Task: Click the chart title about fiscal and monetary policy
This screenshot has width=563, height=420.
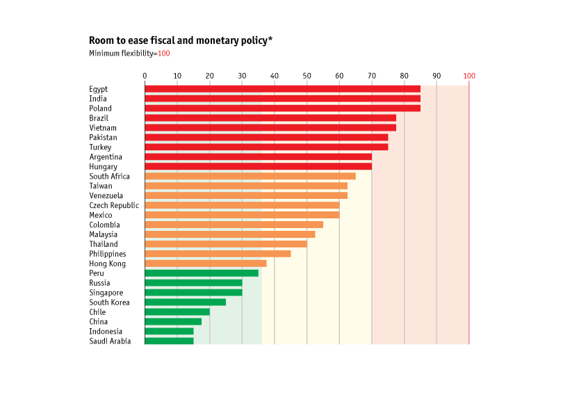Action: [180, 41]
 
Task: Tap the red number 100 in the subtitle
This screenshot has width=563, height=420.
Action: [164, 54]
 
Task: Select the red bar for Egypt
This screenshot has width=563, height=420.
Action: [282, 89]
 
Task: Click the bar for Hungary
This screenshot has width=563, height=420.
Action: [258, 167]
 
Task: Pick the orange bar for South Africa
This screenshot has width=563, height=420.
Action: [250, 176]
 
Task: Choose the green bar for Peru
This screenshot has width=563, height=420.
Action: [202, 273]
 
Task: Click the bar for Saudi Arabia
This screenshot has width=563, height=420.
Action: [169, 341]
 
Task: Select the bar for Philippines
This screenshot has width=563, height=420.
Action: [218, 254]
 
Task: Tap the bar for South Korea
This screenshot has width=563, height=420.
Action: [185, 302]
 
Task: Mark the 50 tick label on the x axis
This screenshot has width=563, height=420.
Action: [307, 75]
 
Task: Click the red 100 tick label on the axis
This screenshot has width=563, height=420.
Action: [469, 75]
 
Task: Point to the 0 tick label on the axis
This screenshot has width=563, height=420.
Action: [145, 75]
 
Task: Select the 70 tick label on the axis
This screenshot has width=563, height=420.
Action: [372, 75]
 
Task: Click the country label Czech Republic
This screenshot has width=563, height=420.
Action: [114, 205]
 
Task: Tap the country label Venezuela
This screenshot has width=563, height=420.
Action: [106, 195]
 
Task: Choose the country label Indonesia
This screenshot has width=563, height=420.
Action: [106, 332]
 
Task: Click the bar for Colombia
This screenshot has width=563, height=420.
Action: [234, 225]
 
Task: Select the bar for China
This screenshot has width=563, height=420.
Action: [173, 321]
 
